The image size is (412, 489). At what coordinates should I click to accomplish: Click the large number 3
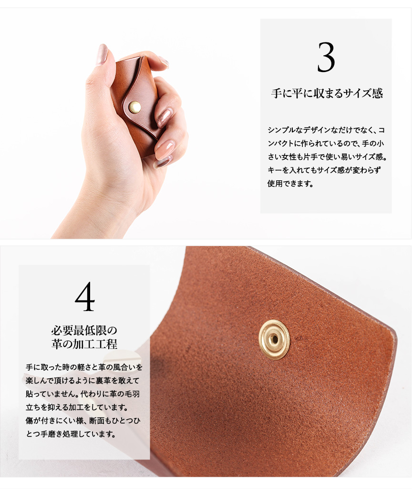pos(326,57)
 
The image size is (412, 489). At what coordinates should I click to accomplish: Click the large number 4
pos(85,296)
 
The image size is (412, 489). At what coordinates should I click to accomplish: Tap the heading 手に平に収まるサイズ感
pos(327,93)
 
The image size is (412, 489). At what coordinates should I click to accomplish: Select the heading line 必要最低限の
pos(84,330)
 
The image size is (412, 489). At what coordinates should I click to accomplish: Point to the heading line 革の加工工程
pos(84,344)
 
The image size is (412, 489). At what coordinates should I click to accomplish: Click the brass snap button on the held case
pos(134,107)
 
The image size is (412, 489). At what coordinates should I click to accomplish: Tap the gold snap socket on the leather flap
pos(274,340)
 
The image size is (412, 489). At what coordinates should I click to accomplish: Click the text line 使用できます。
pos(290,183)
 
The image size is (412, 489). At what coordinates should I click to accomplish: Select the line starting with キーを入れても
pos(324,170)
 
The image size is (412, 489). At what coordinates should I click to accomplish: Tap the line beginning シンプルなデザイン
pos(326,130)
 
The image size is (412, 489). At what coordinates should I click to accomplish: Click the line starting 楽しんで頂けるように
pos(82,381)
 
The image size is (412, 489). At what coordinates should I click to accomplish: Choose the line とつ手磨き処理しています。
pos(71,434)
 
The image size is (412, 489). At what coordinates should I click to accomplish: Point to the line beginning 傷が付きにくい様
pos(83,420)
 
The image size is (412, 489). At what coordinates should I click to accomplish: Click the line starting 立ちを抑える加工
pos(77,407)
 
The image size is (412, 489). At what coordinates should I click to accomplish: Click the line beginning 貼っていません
pos(82,394)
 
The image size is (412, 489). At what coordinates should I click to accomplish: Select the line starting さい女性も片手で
pos(327,156)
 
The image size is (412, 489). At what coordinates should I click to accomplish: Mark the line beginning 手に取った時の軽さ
pos(84,367)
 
